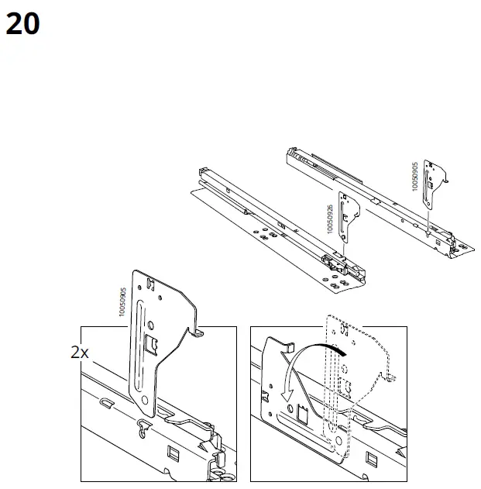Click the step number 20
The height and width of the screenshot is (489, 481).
coord(22,24)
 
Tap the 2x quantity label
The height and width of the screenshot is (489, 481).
coord(80,352)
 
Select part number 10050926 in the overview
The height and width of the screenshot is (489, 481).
coord(330,220)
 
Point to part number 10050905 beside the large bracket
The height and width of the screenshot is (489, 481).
coord(122,301)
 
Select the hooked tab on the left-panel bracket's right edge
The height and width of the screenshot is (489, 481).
coord(198,331)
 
